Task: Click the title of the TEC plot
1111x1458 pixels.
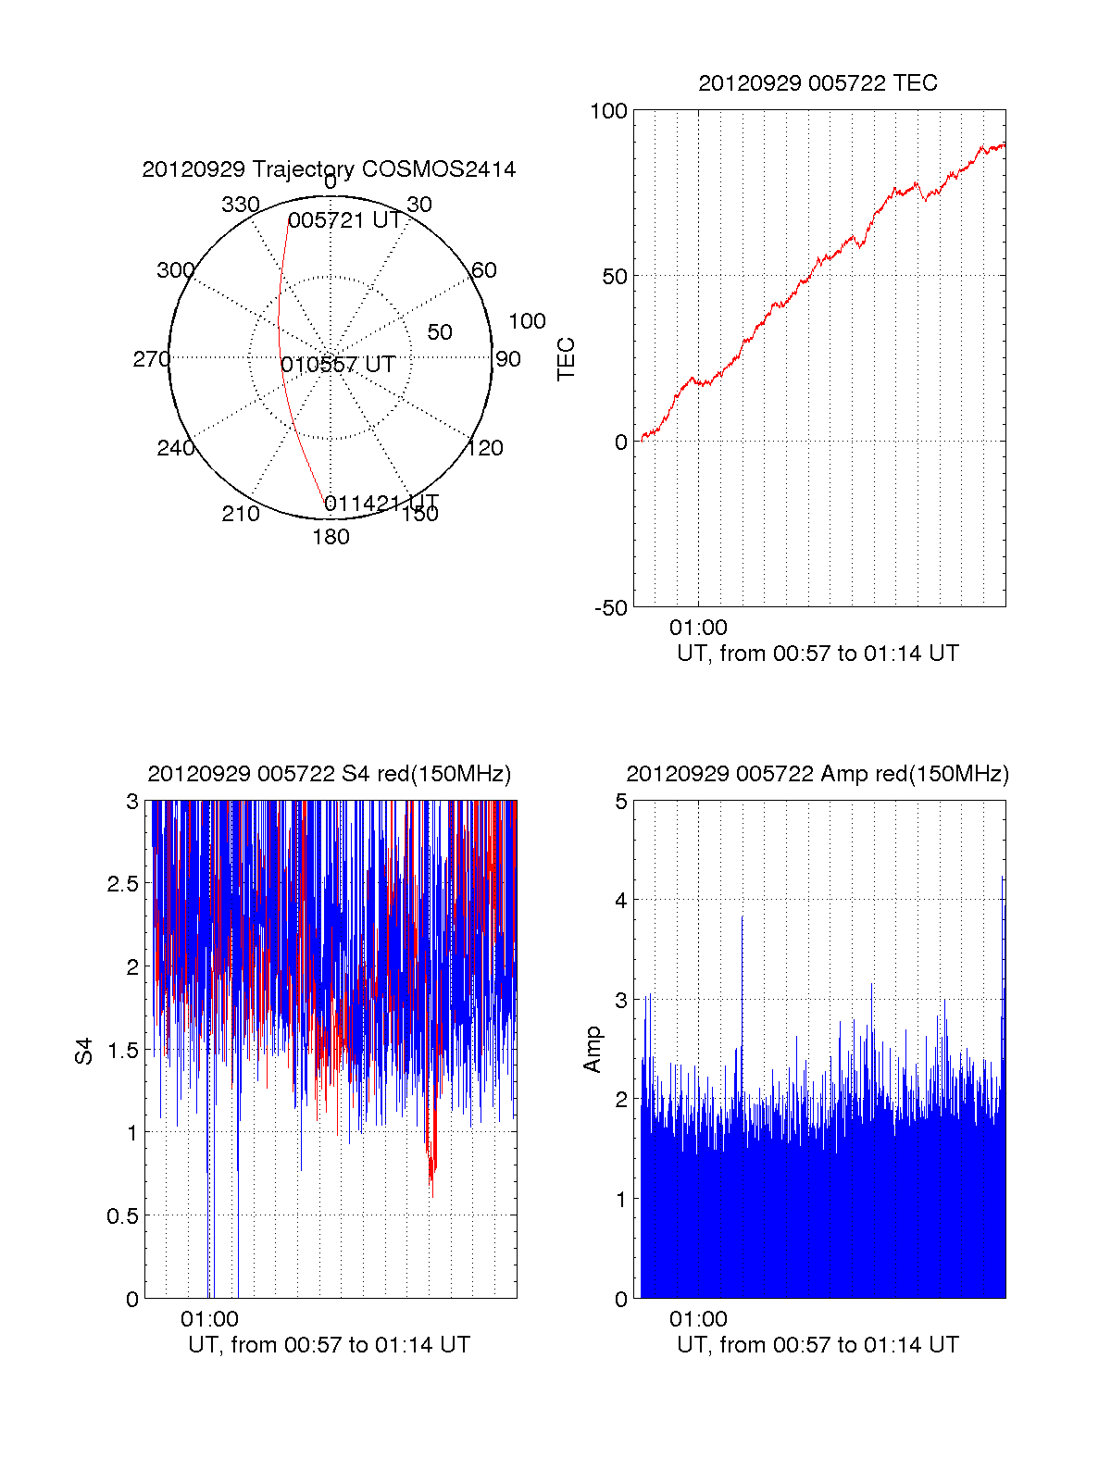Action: (x=818, y=83)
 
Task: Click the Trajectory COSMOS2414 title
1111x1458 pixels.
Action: (x=329, y=169)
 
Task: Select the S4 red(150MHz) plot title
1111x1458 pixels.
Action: (x=329, y=774)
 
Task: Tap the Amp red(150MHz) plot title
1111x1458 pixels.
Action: (x=818, y=774)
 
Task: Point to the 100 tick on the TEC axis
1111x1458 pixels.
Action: (x=608, y=111)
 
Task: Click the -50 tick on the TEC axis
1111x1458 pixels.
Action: (x=610, y=608)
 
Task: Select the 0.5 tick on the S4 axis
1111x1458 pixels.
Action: (x=123, y=1216)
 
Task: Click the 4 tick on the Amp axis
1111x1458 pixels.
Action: (x=621, y=901)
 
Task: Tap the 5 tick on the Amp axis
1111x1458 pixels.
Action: (x=621, y=802)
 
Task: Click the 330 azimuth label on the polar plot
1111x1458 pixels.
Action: (x=240, y=205)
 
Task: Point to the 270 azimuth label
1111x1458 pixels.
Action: (x=151, y=359)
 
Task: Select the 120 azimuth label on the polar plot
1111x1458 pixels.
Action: (x=485, y=449)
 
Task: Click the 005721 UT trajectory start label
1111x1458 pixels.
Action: (x=344, y=220)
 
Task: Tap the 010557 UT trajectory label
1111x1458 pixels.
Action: (x=338, y=365)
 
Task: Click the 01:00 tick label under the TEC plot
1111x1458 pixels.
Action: (x=698, y=628)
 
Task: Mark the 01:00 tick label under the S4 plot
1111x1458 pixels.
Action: (x=209, y=1319)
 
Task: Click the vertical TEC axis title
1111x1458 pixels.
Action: (x=566, y=359)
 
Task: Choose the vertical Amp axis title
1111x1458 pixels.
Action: (x=593, y=1050)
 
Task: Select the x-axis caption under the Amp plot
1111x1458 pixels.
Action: (x=818, y=1345)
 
